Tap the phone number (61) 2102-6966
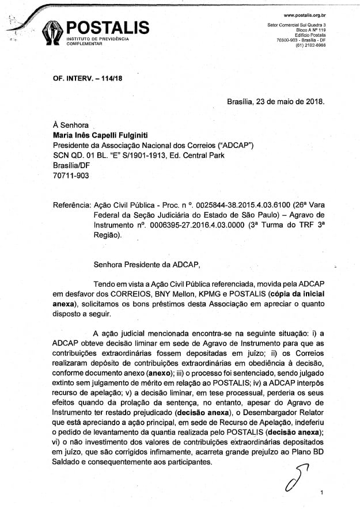[x=310, y=45]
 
